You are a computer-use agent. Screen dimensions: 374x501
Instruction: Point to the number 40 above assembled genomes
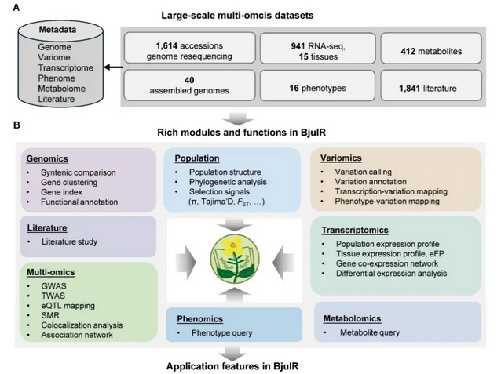point(190,82)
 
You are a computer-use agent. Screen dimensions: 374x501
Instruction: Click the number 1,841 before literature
point(413,89)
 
